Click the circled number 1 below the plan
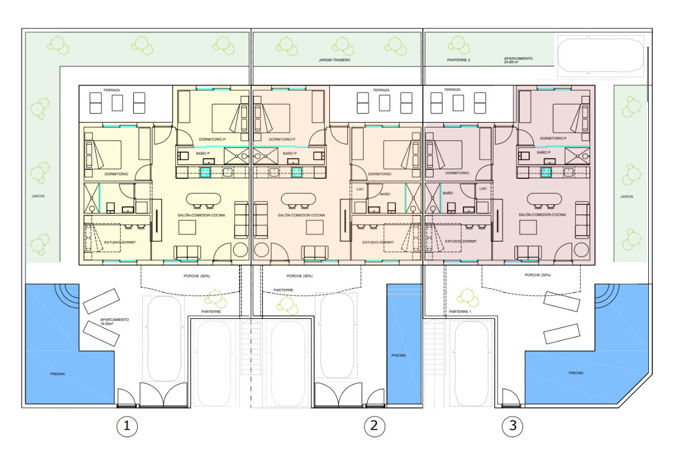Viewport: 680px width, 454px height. (x=127, y=426)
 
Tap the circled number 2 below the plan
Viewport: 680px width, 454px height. (x=375, y=426)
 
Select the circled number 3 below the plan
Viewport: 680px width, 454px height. (x=512, y=426)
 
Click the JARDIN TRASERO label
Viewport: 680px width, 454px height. (x=334, y=60)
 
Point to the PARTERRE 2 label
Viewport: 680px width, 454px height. (x=458, y=60)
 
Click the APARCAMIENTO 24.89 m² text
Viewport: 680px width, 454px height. (x=518, y=60)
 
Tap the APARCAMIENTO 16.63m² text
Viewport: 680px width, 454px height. (x=114, y=322)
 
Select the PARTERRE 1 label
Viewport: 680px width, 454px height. (x=460, y=312)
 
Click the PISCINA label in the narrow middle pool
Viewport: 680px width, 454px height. (x=398, y=355)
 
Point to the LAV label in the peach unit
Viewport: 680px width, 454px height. (x=360, y=189)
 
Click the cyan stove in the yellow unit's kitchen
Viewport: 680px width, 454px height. (x=206, y=172)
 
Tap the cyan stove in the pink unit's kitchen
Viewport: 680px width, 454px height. (x=546, y=172)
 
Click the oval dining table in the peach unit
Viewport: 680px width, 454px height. (x=299, y=199)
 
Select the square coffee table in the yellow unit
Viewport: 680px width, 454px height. (x=187, y=227)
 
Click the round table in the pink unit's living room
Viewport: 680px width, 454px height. (x=581, y=250)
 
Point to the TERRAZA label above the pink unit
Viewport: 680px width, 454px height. (x=452, y=90)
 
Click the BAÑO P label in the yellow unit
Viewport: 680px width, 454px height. (x=203, y=153)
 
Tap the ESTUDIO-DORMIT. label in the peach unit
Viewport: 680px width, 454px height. (x=379, y=242)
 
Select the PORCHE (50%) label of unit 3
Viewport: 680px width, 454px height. (x=538, y=275)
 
